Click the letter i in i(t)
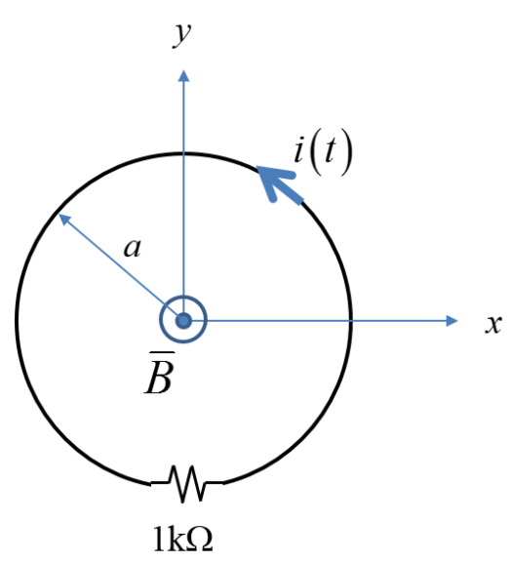(300, 153)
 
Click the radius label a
(134, 248)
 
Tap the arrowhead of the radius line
(64, 219)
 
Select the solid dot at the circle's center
(183, 320)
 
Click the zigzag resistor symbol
(187, 481)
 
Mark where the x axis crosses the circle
(352, 320)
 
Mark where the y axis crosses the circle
(183, 152)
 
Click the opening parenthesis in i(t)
(317, 156)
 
